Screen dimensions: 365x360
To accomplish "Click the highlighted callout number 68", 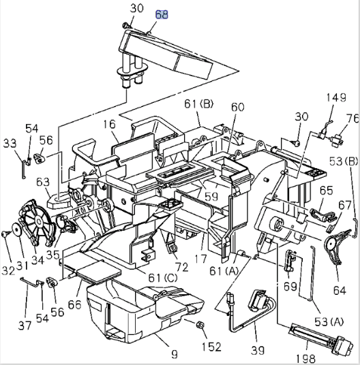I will [x=163, y=13].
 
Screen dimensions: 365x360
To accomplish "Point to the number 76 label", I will [x=351, y=118].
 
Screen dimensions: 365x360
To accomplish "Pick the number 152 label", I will [x=211, y=347].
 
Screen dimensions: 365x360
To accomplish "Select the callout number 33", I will [x=10, y=144].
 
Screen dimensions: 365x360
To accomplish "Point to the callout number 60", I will [x=237, y=108].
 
